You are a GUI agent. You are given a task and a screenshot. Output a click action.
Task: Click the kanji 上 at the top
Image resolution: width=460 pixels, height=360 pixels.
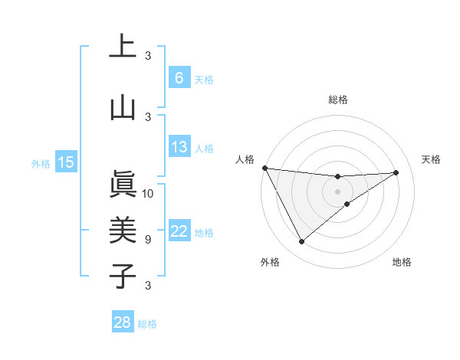coord(123,47)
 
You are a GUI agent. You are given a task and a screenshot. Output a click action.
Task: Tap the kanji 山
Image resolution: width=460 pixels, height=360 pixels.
coord(123,108)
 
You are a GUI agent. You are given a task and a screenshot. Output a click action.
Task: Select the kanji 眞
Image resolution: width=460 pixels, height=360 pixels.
coord(123,185)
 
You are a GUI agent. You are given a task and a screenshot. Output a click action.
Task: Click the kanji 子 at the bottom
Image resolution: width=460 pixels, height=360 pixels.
coord(123,276)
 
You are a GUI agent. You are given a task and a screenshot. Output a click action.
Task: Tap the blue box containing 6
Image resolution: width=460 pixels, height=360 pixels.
coord(179,77)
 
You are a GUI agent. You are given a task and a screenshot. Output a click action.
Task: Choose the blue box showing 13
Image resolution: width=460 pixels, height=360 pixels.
coord(179,147)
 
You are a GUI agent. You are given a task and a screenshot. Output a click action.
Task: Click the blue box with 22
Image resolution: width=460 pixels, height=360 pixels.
coord(179,231)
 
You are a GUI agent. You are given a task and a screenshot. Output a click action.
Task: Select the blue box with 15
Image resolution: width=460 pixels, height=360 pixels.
coord(66,162)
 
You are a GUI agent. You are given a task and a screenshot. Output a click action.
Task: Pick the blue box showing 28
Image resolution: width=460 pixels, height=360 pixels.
coord(123,322)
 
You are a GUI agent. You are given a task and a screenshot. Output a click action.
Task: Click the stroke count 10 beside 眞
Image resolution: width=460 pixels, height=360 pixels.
coord(148,193)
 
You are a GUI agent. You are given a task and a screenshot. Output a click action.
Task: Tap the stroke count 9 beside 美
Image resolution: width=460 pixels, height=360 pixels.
coord(148,239)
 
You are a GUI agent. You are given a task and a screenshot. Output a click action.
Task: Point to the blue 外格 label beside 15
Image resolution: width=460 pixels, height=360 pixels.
coord(41,163)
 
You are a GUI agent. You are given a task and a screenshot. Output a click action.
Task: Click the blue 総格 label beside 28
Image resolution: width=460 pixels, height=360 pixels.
coord(147,324)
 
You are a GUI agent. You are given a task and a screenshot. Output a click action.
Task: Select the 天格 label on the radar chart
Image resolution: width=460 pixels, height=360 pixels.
coord(432,159)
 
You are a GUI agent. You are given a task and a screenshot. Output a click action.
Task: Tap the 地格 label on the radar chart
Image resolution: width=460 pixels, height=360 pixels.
coord(402,262)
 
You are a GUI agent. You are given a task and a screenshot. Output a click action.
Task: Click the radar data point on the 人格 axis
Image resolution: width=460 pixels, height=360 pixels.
coord(264,168)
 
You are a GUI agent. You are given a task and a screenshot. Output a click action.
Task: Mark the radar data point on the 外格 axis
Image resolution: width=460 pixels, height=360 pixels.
coord(301,242)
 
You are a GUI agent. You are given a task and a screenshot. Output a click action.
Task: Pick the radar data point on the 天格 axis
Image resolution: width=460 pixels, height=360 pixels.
coord(396,172)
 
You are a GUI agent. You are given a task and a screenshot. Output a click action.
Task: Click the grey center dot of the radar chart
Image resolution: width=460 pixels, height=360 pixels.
coord(337,191)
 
